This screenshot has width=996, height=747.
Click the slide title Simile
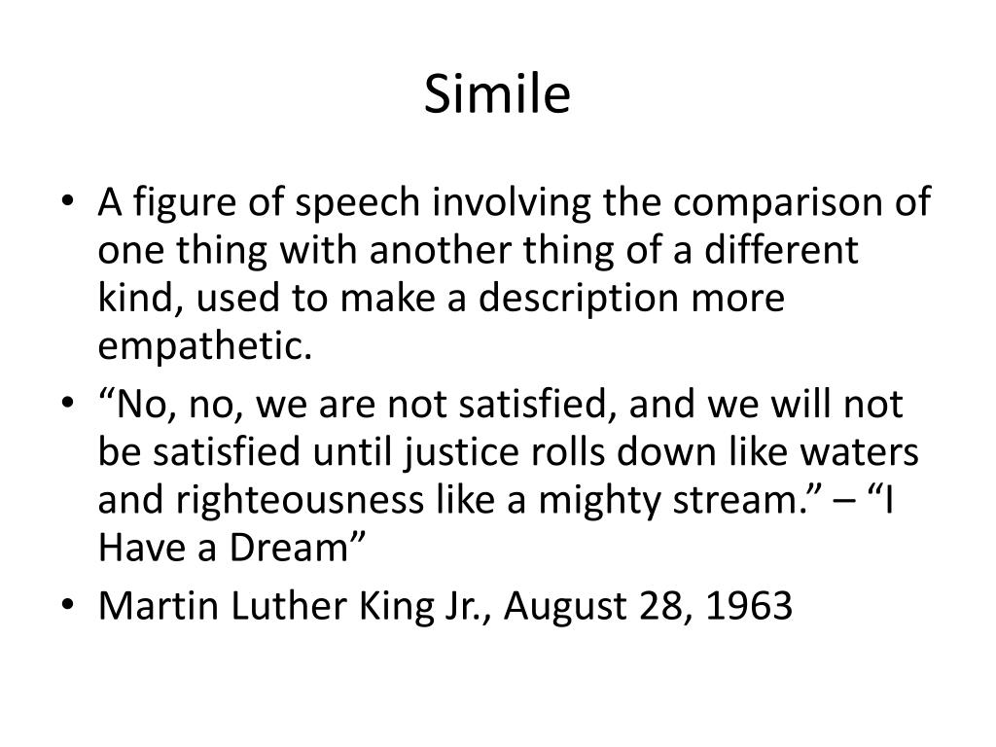point(497,94)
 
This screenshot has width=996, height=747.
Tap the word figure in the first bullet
point(172,205)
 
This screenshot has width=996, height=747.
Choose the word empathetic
point(205,345)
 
